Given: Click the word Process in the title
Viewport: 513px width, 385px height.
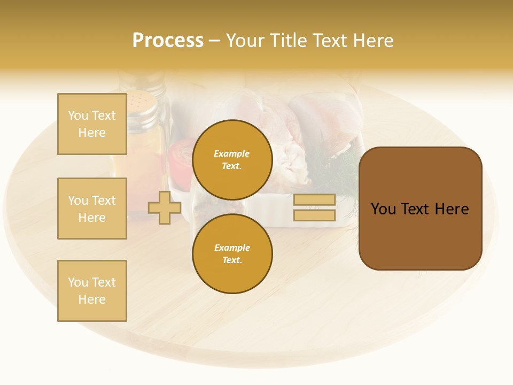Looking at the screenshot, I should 168,41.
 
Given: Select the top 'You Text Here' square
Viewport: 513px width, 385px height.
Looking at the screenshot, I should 92,124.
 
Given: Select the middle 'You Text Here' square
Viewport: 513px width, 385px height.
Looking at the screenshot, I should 92,209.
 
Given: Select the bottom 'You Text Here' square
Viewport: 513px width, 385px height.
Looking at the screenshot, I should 92,291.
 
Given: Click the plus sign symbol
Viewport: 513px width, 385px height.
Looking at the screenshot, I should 165,207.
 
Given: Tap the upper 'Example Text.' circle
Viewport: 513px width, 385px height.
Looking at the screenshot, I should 232,159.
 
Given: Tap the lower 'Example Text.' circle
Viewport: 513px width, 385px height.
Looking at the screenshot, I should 232,253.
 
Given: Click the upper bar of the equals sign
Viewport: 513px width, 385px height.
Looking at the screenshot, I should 314,199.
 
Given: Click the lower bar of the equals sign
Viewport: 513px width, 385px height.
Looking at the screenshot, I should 314,215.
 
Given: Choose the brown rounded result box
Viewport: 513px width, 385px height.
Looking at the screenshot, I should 420,209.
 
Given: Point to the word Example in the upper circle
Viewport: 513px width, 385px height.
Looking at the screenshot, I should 232,153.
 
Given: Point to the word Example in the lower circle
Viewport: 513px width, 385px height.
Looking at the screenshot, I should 232,248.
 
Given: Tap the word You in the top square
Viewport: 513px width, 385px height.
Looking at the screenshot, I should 78,115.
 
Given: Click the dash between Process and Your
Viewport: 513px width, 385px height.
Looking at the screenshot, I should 214,41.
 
